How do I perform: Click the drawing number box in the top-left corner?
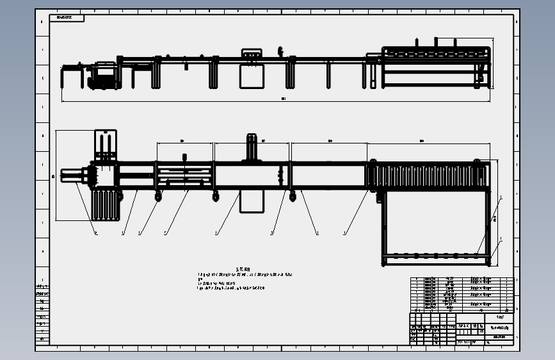[x=66, y=18]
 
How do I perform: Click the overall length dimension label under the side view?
[x=283, y=99]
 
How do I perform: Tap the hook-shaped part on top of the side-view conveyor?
[x=280, y=51]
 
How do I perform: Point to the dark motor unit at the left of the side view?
[x=103, y=77]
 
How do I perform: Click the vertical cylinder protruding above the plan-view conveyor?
[x=252, y=147]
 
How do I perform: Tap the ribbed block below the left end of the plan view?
[x=107, y=205]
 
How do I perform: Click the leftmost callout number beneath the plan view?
[x=96, y=233]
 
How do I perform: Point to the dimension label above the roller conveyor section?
[x=422, y=140]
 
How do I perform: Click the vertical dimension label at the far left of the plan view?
[x=53, y=176]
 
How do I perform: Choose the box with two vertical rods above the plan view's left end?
[x=106, y=145]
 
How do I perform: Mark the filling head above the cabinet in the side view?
[x=252, y=54]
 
